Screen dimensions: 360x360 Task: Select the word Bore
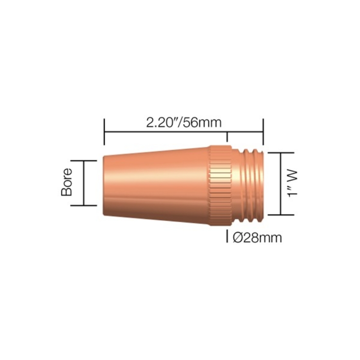pos(67,182)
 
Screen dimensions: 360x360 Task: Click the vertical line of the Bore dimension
pos(84,183)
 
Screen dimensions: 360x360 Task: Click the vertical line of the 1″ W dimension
pos(280,183)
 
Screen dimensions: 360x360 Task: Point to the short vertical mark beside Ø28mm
pos(227,236)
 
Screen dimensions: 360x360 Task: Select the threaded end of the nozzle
pos(252,183)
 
